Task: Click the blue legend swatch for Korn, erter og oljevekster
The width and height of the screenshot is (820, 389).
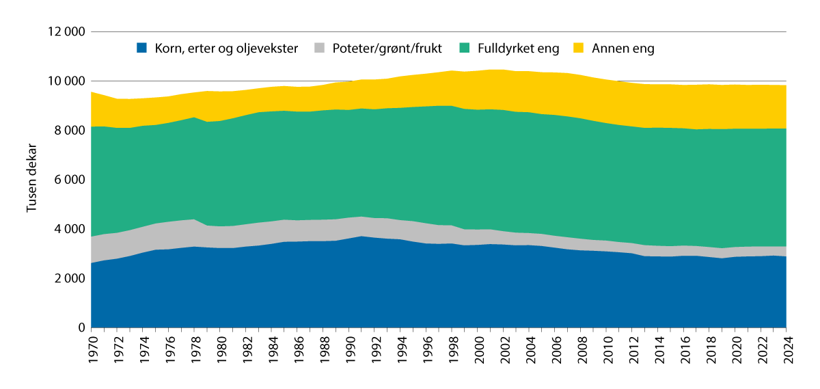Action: (x=142, y=49)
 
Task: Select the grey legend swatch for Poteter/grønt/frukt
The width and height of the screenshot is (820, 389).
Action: (x=320, y=49)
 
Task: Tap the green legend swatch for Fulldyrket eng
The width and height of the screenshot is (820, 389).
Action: (x=465, y=49)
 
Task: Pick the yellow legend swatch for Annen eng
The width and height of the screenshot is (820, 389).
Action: (x=578, y=49)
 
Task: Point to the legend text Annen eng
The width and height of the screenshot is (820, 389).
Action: (x=623, y=49)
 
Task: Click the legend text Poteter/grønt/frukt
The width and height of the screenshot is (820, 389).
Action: (x=387, y=49)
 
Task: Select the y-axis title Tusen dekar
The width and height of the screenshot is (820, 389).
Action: (x=32, y=179)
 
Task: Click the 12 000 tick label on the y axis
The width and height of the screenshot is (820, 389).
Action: (x=67, y=32)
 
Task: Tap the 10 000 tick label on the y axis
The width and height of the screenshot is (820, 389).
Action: (x=67, y=81)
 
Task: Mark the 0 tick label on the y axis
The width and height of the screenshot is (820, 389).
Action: (x=80, y=328)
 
